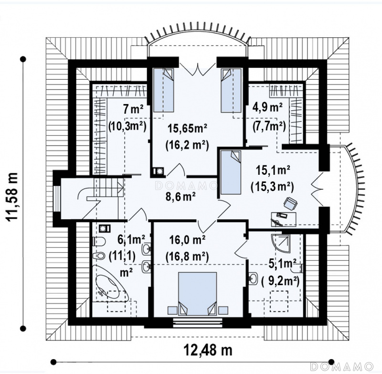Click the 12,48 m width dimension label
208,351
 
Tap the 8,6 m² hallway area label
180,197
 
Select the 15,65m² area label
187,128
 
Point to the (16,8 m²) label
187,256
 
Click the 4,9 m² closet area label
267,107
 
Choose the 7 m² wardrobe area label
133,109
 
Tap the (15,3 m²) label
272,187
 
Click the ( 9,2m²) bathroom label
280,281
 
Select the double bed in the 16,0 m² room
197,293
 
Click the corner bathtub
110,282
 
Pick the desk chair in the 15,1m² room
290,203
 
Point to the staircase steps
109,188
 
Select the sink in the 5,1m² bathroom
254,278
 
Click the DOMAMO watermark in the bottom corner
342,366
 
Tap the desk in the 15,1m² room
284,219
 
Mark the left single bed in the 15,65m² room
163,90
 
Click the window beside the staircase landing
57,199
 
